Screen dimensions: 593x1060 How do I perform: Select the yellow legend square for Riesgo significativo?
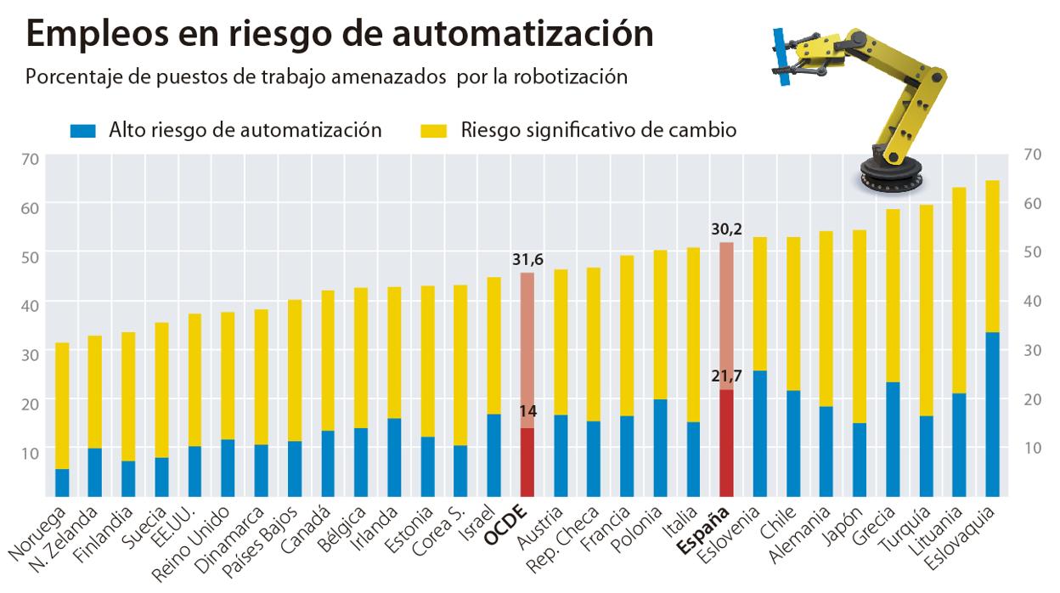[435, 131]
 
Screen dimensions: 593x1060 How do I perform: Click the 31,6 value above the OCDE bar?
[527, 260]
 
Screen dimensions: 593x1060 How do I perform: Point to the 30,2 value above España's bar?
[727, 229]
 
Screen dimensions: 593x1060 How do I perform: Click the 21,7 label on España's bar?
[727, 376]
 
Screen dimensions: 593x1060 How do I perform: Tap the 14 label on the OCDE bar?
[527, 413]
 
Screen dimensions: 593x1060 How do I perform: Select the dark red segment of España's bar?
[727, 443]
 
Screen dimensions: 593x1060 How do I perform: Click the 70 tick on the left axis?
[31, 158]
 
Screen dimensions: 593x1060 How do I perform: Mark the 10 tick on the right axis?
[1032, 447]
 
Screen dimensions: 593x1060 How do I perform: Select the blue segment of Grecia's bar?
[893, 438]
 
